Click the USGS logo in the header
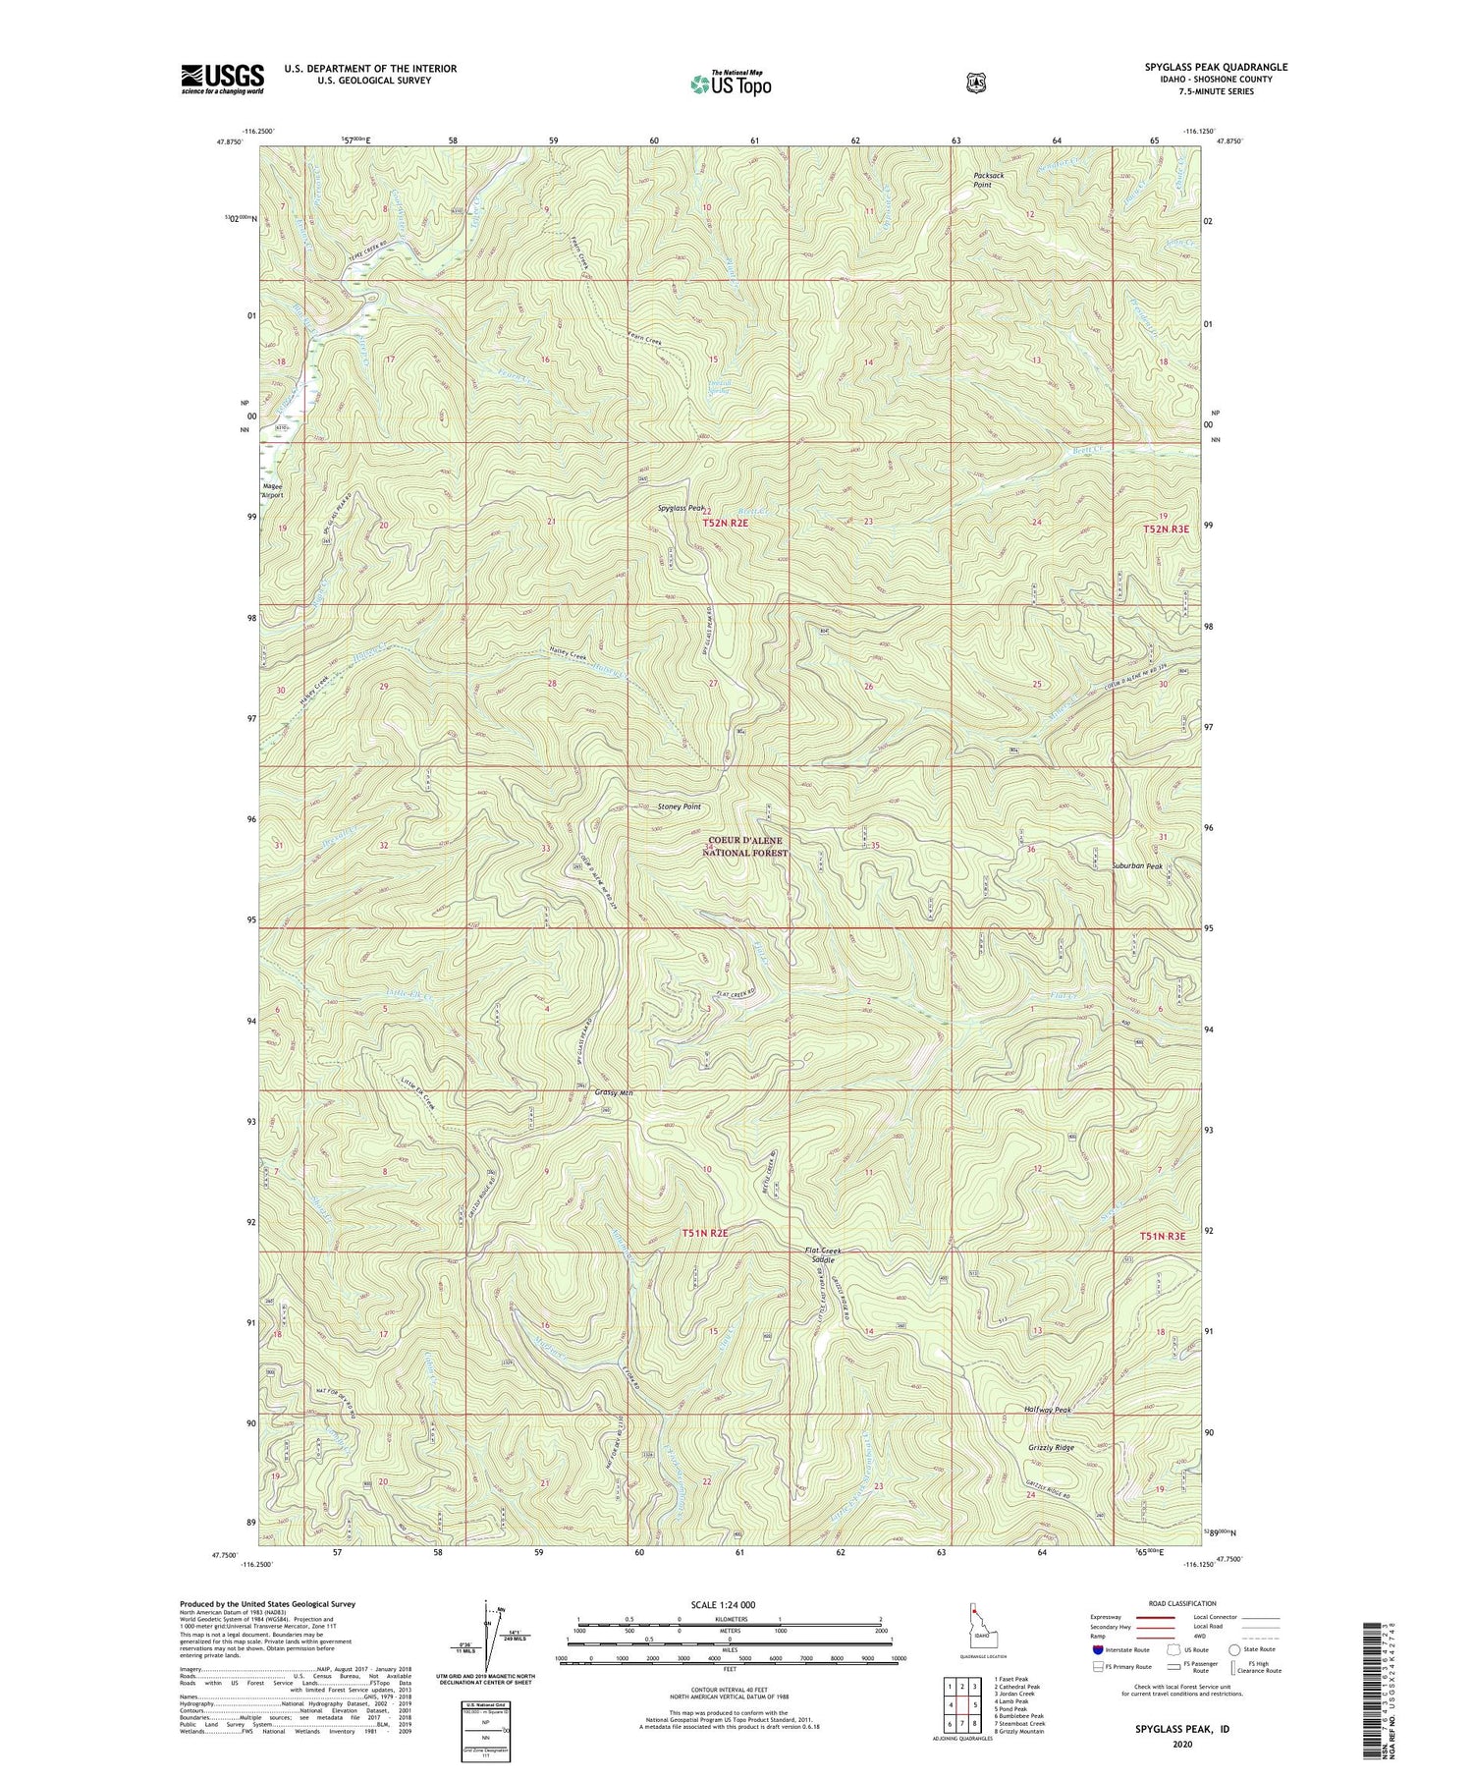click(223, 79)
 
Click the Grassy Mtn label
click(613, 1092)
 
